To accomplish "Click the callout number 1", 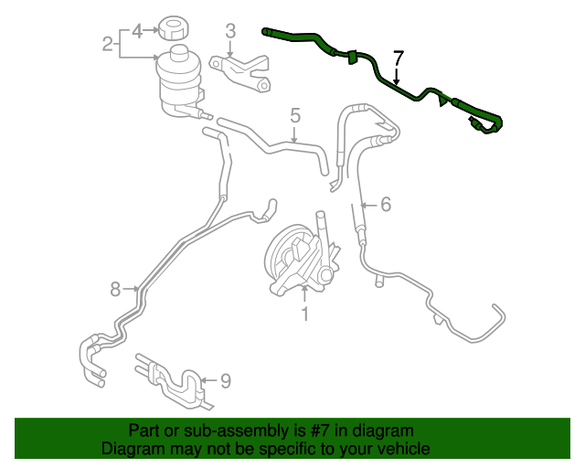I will (304, 314).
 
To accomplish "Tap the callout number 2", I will (108, 42).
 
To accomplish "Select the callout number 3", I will (230, 31).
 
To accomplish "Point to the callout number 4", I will (137, 31).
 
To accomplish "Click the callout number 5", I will (295, 115).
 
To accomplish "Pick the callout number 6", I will (386, 205).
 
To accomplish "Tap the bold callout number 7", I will (398, 58).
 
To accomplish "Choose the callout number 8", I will (115, 289).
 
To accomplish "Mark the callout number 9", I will (225, 379).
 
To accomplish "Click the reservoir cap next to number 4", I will (173, 27).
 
